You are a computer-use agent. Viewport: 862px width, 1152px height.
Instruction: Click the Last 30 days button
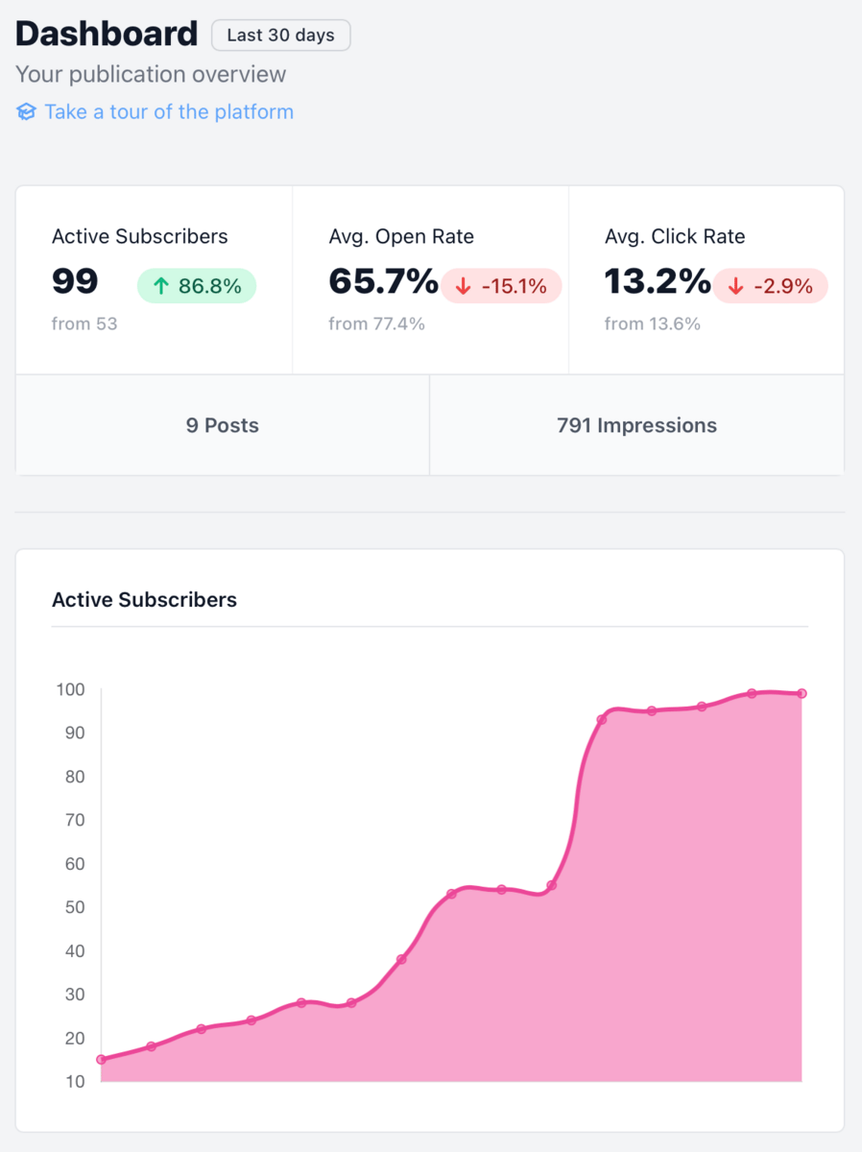pyautogui.click(x=280, y=36)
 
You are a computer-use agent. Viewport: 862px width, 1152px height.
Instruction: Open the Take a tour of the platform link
pyautogui.click(x=169, y=111)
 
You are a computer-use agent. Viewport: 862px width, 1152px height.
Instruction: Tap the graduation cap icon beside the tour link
pyautogui.click(x=26, y=111)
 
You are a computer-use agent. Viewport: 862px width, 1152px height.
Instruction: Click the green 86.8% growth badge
pyautogui.click(x=197, y=286)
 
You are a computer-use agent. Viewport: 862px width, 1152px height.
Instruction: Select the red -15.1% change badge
pyautogui.click(x=502, y=286)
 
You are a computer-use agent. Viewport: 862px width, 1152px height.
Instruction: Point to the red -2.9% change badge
pyautogui.click(x=770, y=286)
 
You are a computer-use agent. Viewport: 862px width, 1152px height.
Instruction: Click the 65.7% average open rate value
pyautogui.click(x=383, y=281)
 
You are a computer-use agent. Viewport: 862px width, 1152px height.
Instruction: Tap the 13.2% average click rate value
pyautogui.click(x=658, y=281)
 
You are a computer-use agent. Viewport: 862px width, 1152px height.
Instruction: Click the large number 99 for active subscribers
pyautogui.click(x=75, y=281)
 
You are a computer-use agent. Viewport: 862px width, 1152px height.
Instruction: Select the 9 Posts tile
pyautogui.click(x=223, y=425)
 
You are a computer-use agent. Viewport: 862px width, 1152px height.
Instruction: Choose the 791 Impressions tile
pyautogui.click(x=636, y=425)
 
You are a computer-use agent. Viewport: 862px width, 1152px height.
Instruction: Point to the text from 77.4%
pyautogui.click(x=376, y=324)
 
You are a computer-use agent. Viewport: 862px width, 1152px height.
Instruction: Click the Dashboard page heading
pyautogui.click(x=107, y=35)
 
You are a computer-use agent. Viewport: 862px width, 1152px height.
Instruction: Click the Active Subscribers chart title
pyautogui.click(x=144, y=599)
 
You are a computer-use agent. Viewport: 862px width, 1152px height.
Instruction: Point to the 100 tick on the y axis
pyautogui.click(x=70, y=689)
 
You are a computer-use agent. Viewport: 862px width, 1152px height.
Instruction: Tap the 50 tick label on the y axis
pyautogui.click(x=75, y=907)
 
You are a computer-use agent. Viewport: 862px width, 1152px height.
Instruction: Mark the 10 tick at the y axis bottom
pyautogui.click(x=75, y=1081)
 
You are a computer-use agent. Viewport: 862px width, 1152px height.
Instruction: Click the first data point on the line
pyautogui.click(x=101, y=1060)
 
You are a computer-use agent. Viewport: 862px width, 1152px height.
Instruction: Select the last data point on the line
pyautogui.click(x=802, y=693)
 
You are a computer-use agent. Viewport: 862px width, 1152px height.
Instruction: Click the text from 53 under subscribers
pyautogui.click(x=84, y=324)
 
